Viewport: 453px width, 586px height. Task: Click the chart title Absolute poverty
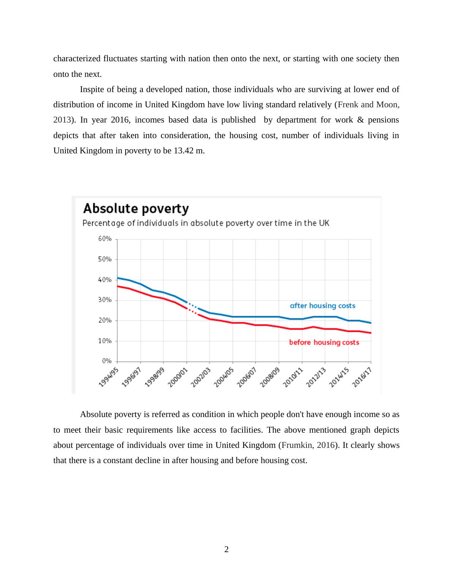(x=136, y=209)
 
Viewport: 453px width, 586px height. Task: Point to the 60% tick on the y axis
(x=105, y=239)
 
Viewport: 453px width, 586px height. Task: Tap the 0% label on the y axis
(x=107, y=361)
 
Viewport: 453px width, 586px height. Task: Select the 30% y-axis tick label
(x=105, y=300)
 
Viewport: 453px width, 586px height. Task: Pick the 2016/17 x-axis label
(x=362, y=377)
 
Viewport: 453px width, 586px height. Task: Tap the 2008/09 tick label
(x=270, y=377)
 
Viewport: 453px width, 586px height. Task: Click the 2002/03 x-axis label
(x=201, y=377)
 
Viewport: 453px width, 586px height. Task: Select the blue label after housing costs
(x=322, y=306)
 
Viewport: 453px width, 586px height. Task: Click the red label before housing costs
(x=324, y=342)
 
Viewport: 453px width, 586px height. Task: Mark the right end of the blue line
(x=370, y=323)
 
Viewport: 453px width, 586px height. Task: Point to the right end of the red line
(x=370, y=333)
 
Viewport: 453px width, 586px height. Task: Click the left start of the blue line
(x=118, y=278)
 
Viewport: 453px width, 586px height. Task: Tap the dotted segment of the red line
(x=192, y=311)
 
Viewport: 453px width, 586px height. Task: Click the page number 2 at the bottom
(x=226, y=549)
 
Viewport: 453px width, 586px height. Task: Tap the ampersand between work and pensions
(x=360, y=120)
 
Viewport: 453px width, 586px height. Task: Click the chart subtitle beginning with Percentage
(x=206, y=223)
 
